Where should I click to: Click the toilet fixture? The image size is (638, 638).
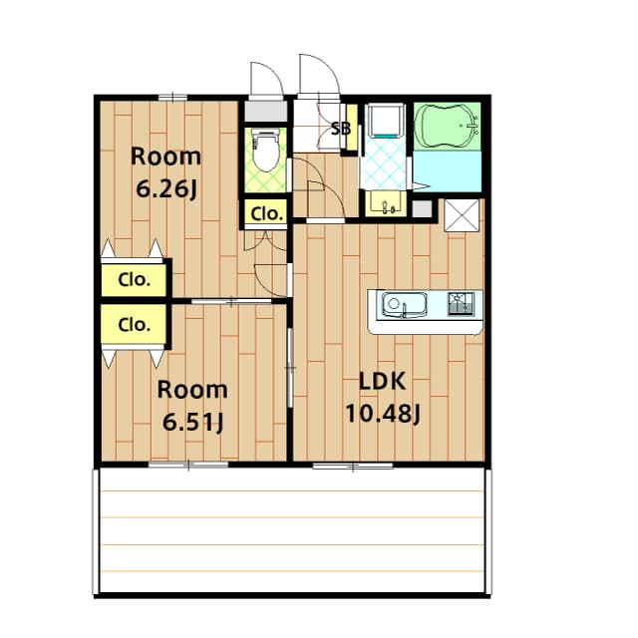click(x=265, y=150)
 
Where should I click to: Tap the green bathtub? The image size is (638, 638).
click(x=448, y=125)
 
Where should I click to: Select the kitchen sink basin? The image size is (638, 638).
click(x=404, y=304)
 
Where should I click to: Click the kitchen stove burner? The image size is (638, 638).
click(x=461, y=303)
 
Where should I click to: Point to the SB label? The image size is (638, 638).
click(x=341, y=129)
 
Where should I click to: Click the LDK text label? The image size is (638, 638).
click(x=382, y=382)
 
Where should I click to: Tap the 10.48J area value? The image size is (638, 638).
click(x=383, y=415)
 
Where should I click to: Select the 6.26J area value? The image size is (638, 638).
click(x=166, y=188)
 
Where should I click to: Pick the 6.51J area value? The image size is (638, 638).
click(x=192, y=422)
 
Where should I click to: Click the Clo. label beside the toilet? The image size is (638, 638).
click(x=266, y=214)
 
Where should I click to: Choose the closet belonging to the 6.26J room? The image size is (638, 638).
click(x=134, y=280)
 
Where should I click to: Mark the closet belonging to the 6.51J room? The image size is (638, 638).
click(x=134, y=324)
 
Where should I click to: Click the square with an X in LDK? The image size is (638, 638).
click(x=462, y=215)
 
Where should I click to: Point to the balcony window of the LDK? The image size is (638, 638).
click(x=353, y=467)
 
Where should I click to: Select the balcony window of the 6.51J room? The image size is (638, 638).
click(x=188, y=465)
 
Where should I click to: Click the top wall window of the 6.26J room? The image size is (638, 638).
click(x=172, y=98)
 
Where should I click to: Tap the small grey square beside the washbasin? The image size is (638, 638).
click(x=422, y=209)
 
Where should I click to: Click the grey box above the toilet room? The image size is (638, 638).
click(x=266, y=111)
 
